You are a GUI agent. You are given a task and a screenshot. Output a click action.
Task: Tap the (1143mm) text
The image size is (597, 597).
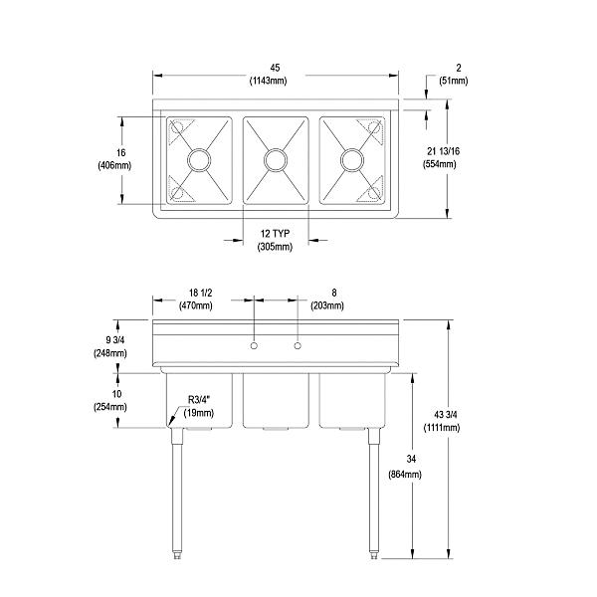274,82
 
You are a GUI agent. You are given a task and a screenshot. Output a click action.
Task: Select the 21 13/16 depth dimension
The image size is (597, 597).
441,148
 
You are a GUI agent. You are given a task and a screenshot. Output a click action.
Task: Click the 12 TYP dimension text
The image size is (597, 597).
275,233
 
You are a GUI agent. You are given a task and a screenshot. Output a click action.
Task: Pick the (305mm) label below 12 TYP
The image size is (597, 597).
275,246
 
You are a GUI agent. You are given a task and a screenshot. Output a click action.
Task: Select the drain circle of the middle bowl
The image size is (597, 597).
275,158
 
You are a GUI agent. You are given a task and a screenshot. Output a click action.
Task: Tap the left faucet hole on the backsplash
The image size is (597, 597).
254,345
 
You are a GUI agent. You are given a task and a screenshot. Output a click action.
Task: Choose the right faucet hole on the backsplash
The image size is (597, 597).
296,345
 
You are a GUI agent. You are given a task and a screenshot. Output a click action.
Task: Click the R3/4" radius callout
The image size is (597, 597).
200,400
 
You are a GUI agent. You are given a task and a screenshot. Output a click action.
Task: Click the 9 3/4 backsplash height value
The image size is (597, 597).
109,339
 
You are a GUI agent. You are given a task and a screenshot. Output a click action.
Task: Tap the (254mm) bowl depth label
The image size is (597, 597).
108,408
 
